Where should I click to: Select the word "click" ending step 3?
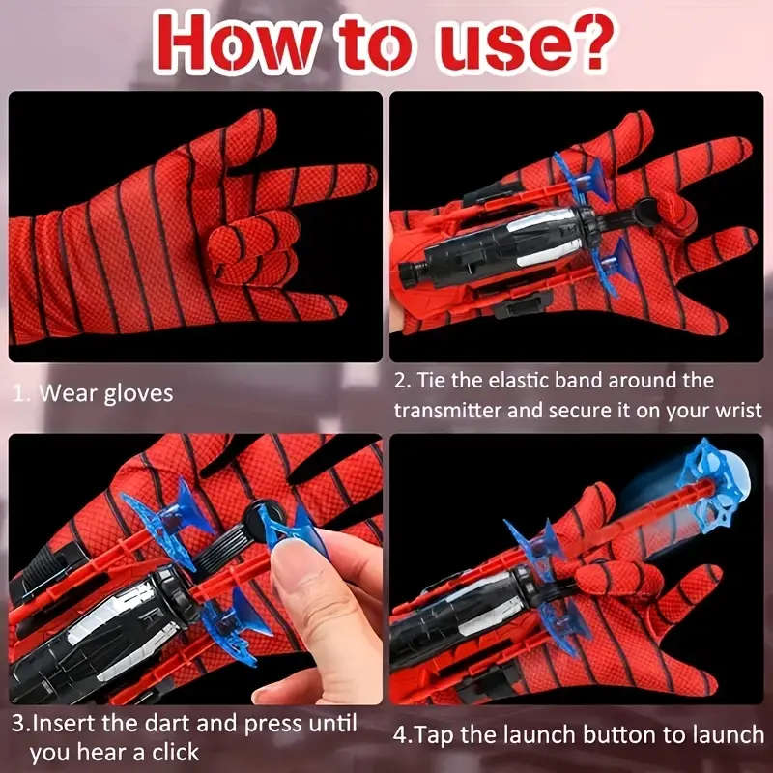(x=174, y=752)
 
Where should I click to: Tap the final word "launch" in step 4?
(x=725, y=734)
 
